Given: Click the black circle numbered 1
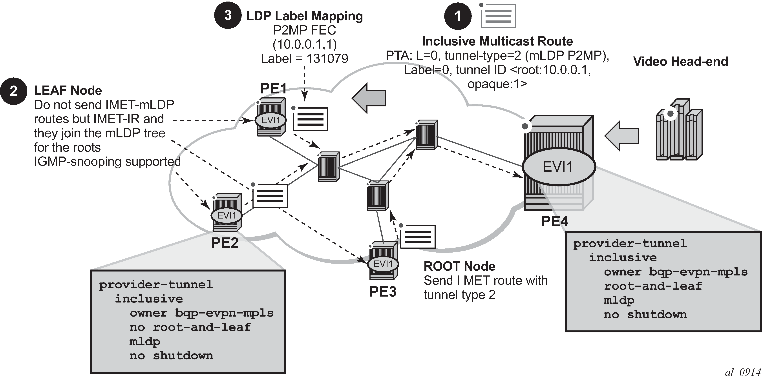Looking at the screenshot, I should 458,16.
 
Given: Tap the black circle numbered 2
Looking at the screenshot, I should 13,91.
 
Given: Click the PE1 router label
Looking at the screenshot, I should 273,88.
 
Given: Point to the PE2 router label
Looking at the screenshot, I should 225,243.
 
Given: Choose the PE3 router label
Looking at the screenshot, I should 383,292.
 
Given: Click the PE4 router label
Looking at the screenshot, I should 555,221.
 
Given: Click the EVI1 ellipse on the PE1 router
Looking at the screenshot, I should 271,120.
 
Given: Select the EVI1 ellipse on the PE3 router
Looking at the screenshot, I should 383,264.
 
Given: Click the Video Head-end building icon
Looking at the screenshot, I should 679,130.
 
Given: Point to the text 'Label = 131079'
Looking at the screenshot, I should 304,58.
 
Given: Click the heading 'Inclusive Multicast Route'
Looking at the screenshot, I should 497,41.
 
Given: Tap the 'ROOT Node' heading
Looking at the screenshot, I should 459,266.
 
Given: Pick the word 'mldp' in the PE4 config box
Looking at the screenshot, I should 619,300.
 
